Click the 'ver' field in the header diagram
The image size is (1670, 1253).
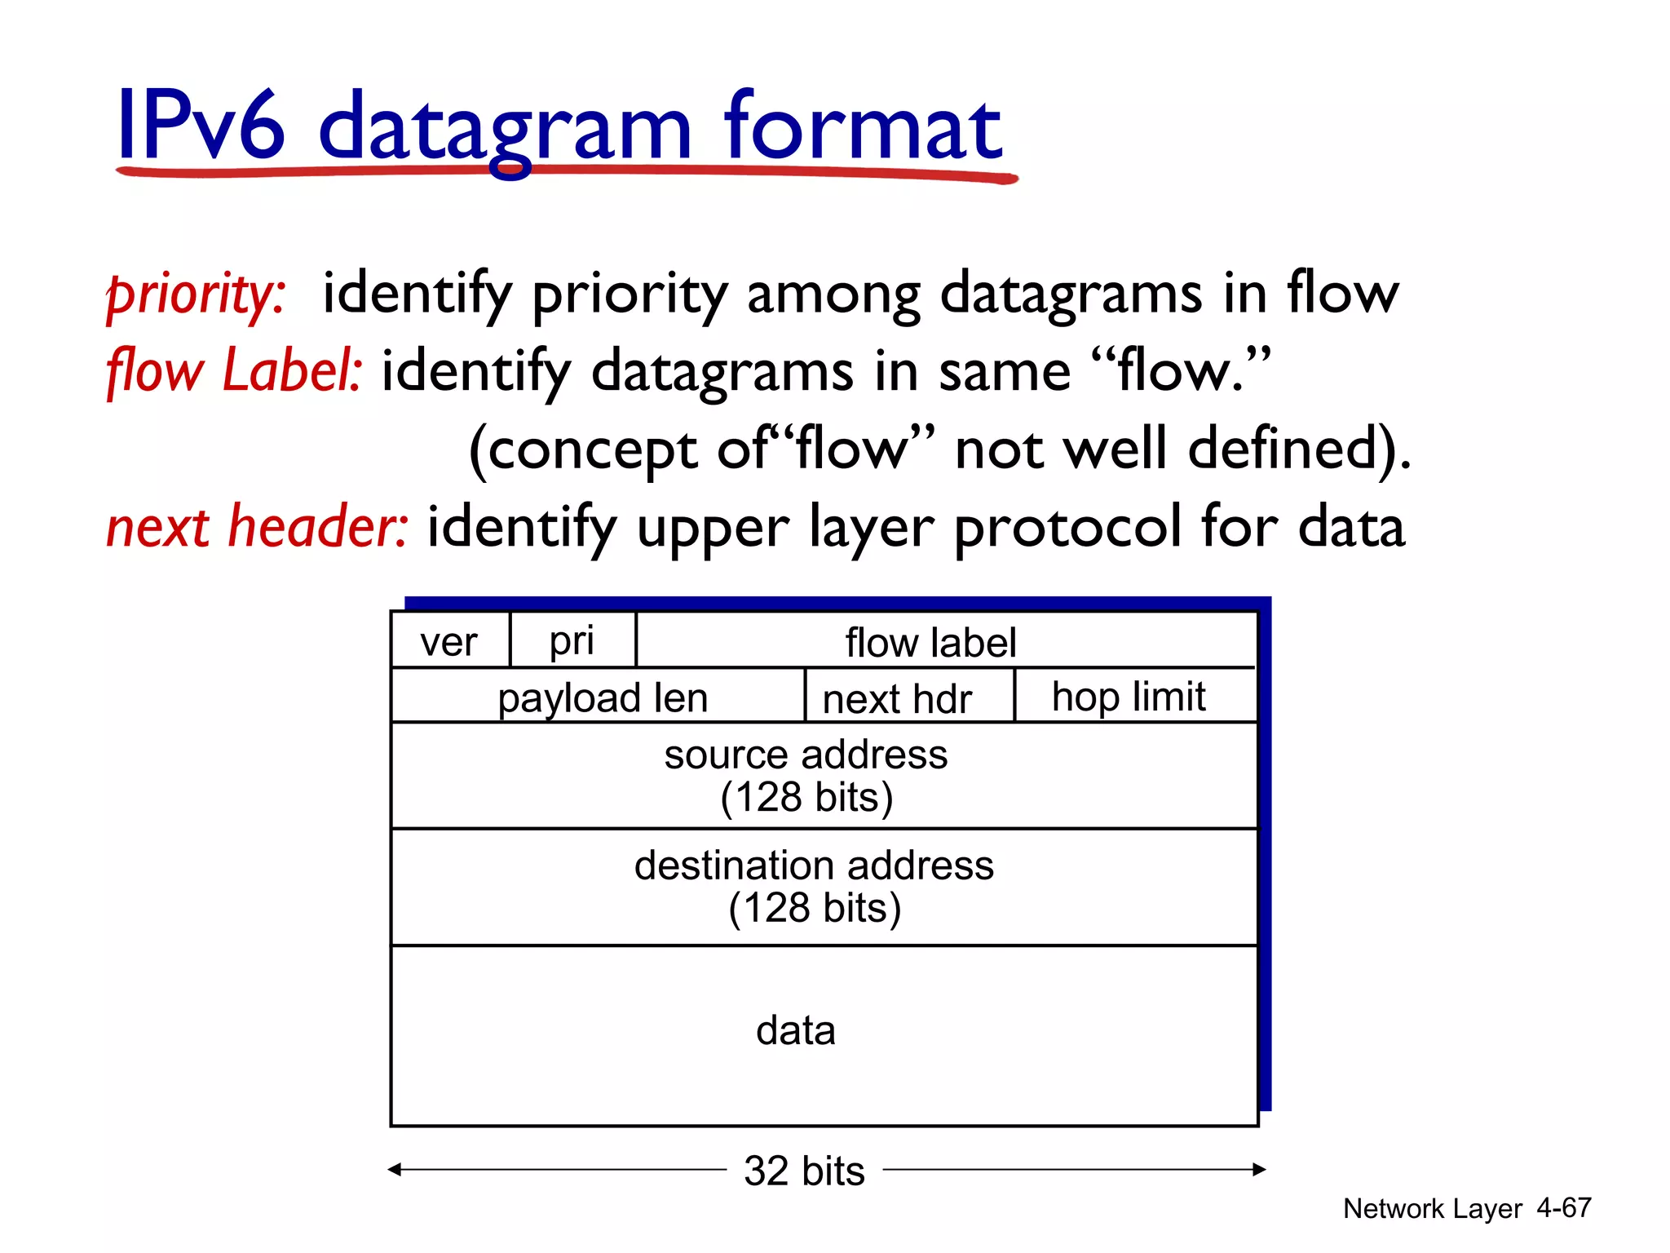point(449,641)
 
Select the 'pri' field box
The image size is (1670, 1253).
point(572,640)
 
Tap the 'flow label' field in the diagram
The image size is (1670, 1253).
point(930,642)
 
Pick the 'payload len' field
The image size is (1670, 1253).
point(602,697)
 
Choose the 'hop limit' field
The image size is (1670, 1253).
point(1129,697)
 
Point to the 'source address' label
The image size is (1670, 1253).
point(806,755)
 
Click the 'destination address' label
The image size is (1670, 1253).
point(814,866)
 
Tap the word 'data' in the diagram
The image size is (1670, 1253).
point(795,1030)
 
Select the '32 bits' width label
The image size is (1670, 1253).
point(804,1171)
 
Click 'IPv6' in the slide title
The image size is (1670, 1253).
point(201,126)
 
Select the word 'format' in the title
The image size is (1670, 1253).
point(863,126)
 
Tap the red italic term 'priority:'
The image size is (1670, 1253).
point(196,294)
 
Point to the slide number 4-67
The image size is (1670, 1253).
point(1563,1207)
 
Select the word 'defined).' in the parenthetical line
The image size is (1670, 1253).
point(1299,449)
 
